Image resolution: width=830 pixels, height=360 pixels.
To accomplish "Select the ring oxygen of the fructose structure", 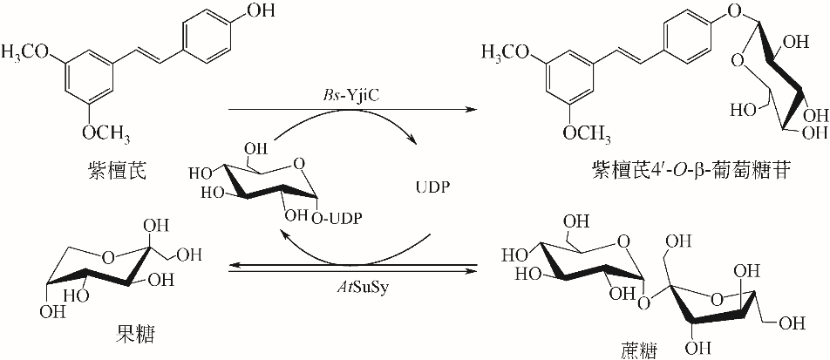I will click(x=105, y=255).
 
